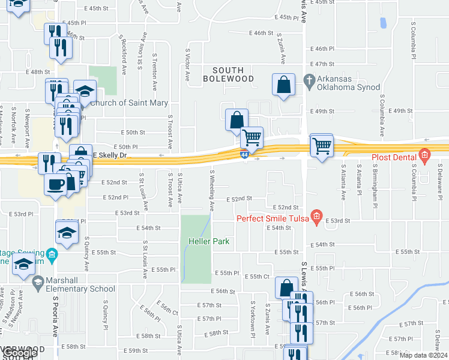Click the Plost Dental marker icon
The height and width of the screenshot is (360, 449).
click(x=425, y=156)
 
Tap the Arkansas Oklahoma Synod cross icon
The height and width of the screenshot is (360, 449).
click(x=310, y=80)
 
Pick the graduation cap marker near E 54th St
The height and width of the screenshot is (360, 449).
click(x=67, y=232)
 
